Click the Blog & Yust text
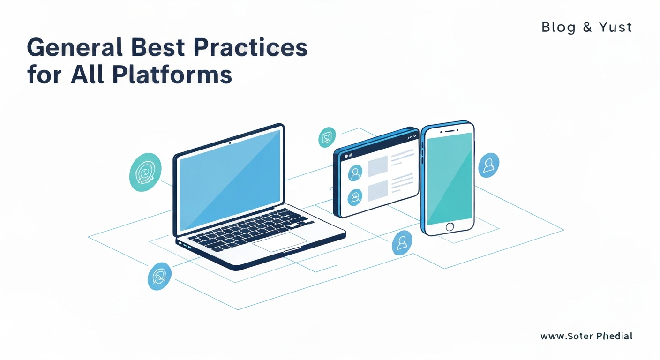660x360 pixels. [x=586, y=27]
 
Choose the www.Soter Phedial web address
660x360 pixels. [x=586, y=336]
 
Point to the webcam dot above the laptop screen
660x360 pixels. [x=230, y=142]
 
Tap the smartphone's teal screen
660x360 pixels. [x=450, y=179]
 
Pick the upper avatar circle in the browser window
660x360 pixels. [x=355, y=173]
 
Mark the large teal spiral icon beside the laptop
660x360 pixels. [x=145, y=172]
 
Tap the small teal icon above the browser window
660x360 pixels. [x=327, y=137]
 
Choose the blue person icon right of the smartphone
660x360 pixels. [x=488, y=165]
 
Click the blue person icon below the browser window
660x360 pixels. [x=402, y=242]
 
